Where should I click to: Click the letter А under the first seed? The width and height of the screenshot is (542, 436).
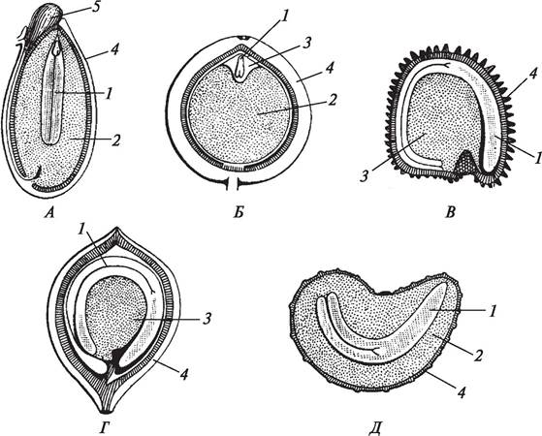click(49, 213)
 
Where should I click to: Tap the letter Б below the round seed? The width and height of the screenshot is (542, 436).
click(239, 212)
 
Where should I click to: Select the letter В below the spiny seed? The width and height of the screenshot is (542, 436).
click(450, 212)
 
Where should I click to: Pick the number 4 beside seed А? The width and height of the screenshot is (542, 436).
click(114, 49)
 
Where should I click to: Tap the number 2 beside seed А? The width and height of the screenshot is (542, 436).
click(115, 140)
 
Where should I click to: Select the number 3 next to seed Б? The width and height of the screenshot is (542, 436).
click(306, 44)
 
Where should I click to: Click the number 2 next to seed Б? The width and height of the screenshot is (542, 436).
click(332, 100)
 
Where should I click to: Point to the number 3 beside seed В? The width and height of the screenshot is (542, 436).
click(365, 175)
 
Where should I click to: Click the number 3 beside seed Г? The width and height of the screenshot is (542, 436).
click(207, 319)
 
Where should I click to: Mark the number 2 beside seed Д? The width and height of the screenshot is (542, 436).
click(477, 356)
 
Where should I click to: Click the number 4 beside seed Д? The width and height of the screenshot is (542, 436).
click(462, 392)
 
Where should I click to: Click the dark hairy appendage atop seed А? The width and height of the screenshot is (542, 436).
click(47, 22)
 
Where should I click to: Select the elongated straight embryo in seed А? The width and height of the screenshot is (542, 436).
click(52, 93)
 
